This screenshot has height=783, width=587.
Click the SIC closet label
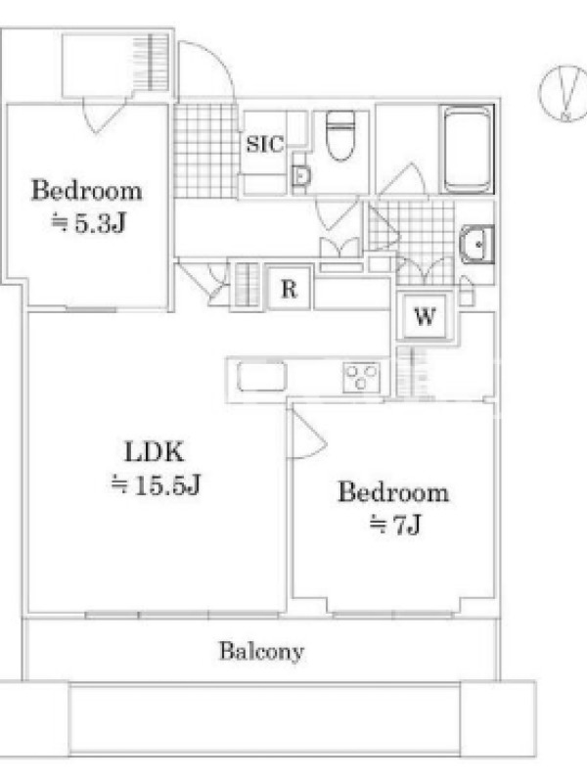264,144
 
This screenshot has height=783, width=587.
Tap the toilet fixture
340,135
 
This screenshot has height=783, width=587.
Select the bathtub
467,149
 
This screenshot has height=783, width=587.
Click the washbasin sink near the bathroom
476,244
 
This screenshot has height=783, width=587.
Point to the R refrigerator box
289,289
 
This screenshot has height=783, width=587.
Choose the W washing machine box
425,315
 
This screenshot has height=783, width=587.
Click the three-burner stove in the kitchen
361,377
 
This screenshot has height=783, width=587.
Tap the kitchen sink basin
262,377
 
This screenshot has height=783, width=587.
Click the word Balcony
261,651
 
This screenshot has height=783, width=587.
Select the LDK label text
154,451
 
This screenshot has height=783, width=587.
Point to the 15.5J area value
156,484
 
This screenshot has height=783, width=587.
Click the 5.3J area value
88,224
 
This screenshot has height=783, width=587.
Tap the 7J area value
395,525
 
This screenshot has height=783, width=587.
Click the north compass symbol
564,93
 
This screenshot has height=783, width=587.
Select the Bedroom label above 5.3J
87,191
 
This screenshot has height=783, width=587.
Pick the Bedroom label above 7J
394,492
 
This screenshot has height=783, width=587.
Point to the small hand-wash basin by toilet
300,176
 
